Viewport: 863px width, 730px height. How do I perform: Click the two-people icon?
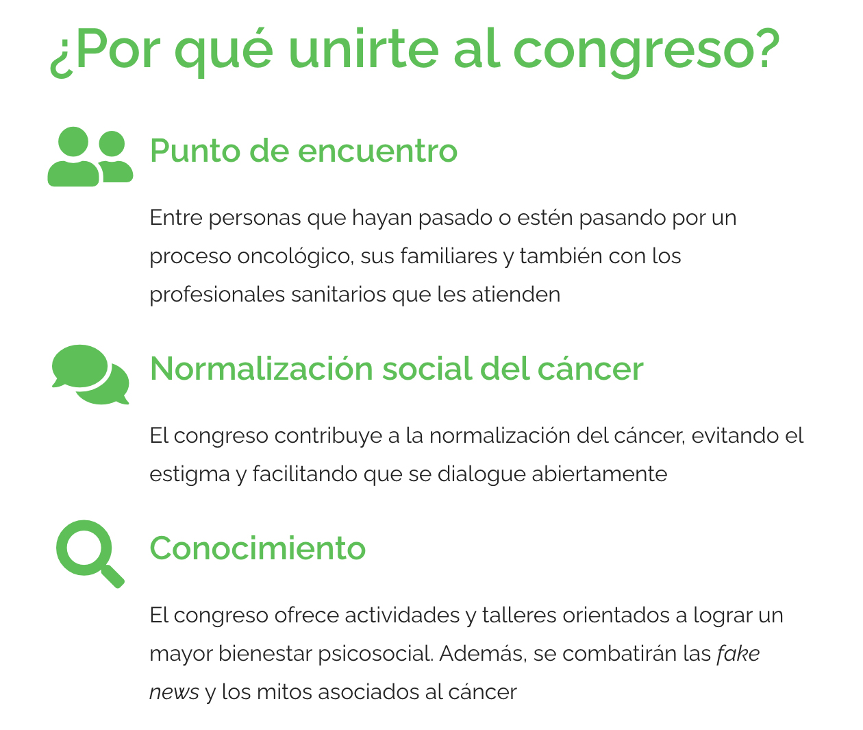click(x=90, y=157)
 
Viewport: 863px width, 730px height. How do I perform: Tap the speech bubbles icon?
click(x=90, y=375)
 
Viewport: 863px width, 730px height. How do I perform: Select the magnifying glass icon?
click(x=90, y=554)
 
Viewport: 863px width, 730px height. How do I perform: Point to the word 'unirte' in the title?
click(x=363, y=49)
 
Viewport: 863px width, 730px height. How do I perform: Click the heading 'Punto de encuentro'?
click(x=303, y=151)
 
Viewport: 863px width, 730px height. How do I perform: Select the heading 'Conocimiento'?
click(x=258, y=548)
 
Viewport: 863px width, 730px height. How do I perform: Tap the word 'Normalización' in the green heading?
click(x=262, y=369)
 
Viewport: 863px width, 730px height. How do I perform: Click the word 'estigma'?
click(x=190, y=474)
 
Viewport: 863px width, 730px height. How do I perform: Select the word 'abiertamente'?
click(x=599, y=474)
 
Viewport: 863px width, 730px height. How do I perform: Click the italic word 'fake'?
click(x=738, y=653)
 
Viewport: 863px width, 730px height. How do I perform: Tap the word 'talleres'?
click(x=519, y=616)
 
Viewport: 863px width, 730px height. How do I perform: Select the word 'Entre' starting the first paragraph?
click(x=176, y=218)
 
